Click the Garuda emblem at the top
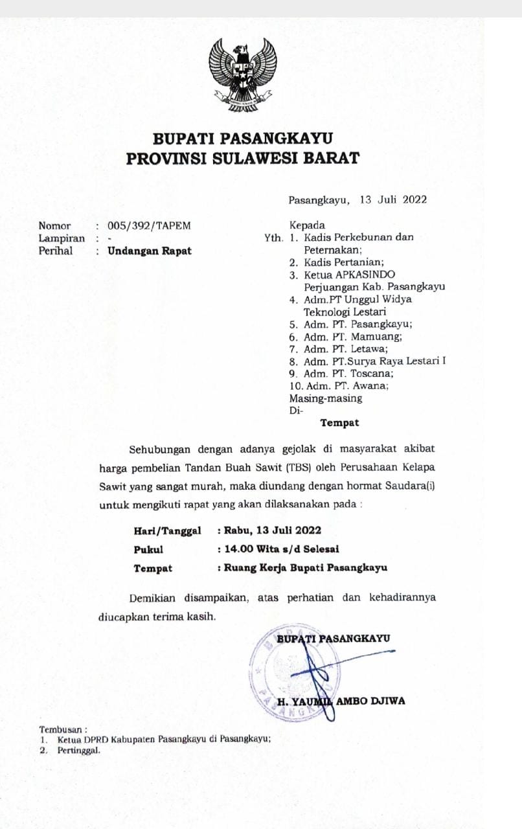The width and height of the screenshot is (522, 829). coord(243,74)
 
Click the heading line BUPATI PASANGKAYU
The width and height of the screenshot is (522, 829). coord(243,138)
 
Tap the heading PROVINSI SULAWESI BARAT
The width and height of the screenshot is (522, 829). coord(242,158)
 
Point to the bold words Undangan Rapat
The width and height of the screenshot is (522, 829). coord(150,251)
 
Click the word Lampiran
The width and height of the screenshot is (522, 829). coord(62,238)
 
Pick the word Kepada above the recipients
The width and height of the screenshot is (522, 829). coord(307,225)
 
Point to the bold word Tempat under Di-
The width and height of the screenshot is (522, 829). coord(339,423)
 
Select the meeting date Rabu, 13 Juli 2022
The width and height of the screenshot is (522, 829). coord(273,530)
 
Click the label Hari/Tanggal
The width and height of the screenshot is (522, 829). coord(167,530)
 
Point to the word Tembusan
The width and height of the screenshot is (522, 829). coord(62,729)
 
